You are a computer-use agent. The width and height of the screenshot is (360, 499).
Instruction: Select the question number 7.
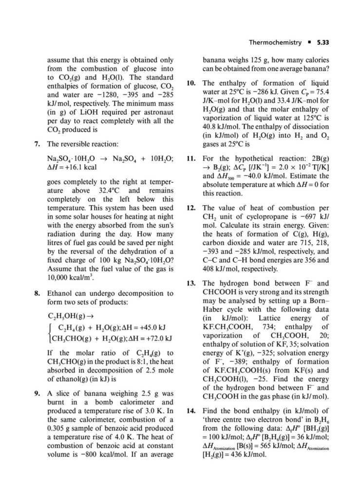(37, 144)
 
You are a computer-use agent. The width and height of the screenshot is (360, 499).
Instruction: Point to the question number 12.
(191, 207)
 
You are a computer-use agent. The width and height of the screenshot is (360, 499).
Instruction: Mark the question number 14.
(191, 411)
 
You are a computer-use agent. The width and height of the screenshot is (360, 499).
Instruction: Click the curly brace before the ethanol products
(50, 332)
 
